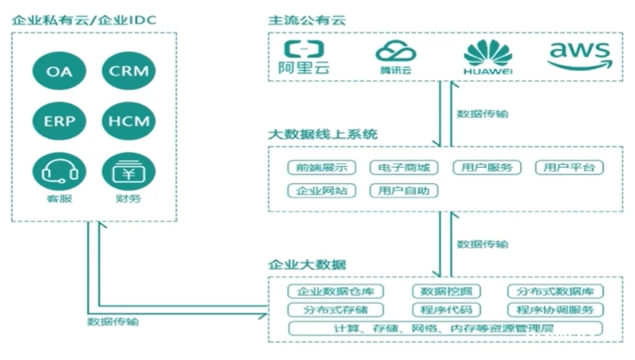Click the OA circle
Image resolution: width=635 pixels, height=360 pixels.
[59, 71]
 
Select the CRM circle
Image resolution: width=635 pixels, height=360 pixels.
[128, 71]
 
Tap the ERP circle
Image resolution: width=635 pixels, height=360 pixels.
[59, 121]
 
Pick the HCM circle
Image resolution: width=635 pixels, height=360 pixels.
[128, 121]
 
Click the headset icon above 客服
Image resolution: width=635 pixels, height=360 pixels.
[59, 171]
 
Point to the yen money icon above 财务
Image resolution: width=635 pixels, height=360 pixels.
[128, 171]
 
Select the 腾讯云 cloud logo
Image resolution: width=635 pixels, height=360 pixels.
[396, 55]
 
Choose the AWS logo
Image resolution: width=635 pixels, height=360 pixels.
[579, 55]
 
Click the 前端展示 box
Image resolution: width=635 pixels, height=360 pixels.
[322, 168]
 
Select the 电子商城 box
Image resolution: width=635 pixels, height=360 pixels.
[403, 168]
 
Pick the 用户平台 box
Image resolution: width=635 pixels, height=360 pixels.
[569, 168]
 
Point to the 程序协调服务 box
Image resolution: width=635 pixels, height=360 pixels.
[555, 310]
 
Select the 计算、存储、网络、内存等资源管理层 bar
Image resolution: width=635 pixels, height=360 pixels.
[445, 328]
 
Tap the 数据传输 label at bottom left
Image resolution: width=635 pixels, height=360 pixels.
[113, 322]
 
